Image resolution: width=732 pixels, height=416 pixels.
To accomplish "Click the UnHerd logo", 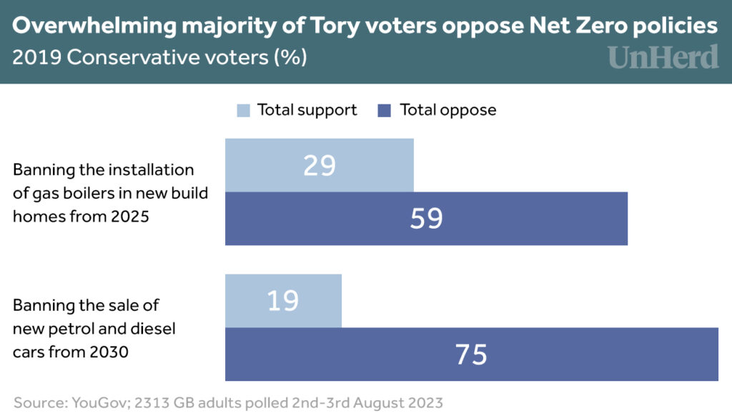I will [663, 57].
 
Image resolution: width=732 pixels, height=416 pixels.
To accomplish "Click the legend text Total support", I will [307, 110].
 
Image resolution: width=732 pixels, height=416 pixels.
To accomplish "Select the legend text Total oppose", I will [448, 110].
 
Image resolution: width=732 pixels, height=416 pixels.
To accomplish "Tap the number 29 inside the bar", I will [320, 165].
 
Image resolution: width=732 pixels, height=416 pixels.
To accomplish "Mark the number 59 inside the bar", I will [426, 219].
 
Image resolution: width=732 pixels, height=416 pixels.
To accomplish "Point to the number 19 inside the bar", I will [283, 301].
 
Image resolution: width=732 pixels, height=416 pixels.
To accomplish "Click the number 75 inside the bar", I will [472, 355].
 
